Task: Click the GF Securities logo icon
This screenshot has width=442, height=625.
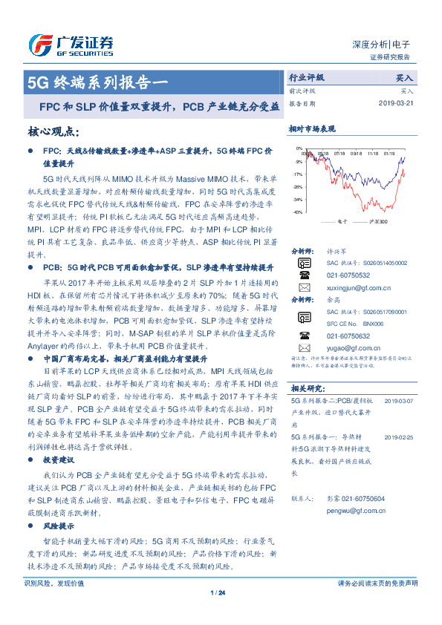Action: click(x=39, y=45)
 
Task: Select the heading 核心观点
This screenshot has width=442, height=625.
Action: click(x=52, y=131)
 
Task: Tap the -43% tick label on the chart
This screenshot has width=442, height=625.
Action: click(x=298, y=212)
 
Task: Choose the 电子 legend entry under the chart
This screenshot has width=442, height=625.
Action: click(x=335, y=221)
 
